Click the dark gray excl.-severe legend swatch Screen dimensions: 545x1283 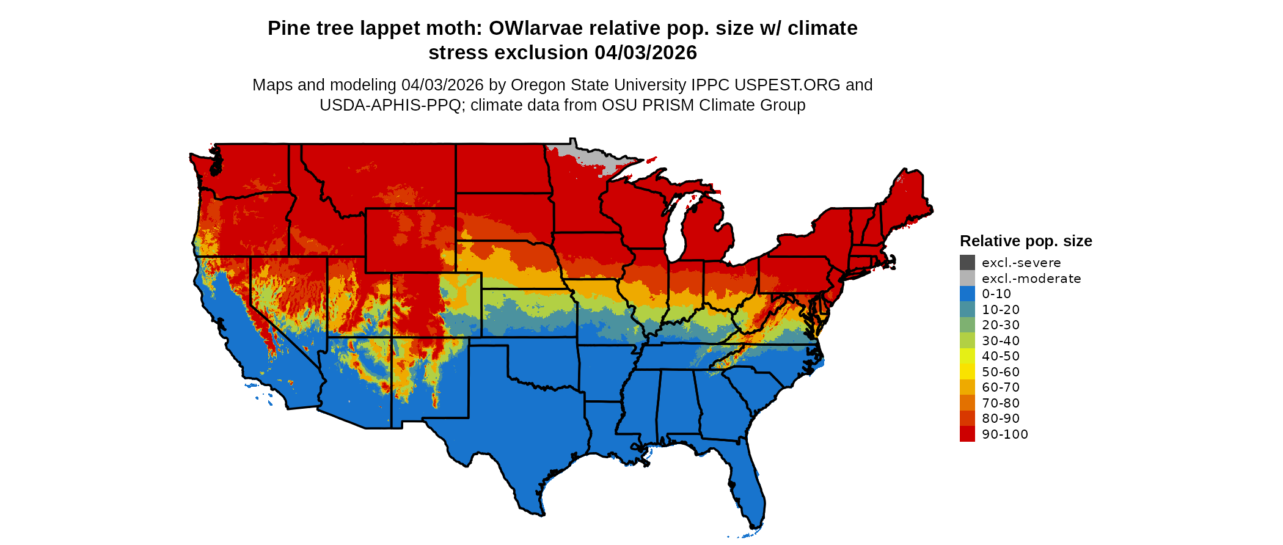[x=967, y=263]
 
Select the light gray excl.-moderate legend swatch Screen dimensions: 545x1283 [x=967, y=278]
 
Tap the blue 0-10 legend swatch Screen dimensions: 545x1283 [x=967, y=294]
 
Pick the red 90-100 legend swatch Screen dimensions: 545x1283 [x=967, y=434]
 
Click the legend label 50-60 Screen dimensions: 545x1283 [x=1001, y=372]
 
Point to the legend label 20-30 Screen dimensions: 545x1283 [x=1001, y=325]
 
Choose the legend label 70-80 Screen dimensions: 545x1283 [x=1001, y=403]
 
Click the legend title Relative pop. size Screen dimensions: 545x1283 [x=1026, y=241]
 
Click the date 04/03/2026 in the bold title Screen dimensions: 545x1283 [x=646, y=53]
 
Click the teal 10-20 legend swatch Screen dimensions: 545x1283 [x=967, y=309]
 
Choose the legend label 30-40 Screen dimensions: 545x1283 [x=1001, y=341]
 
